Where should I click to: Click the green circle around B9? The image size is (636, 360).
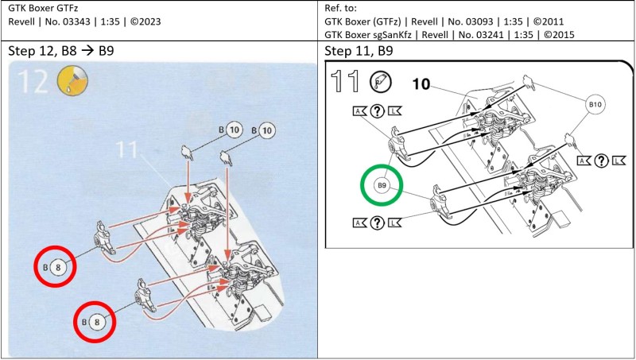382,185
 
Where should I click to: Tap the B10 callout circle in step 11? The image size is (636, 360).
596,104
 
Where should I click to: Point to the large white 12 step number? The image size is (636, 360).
34,82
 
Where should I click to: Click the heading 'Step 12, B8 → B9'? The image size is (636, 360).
72,51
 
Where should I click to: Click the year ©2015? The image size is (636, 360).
556,35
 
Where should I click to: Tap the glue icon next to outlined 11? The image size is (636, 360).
382,79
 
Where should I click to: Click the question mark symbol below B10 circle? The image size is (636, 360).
600,161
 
